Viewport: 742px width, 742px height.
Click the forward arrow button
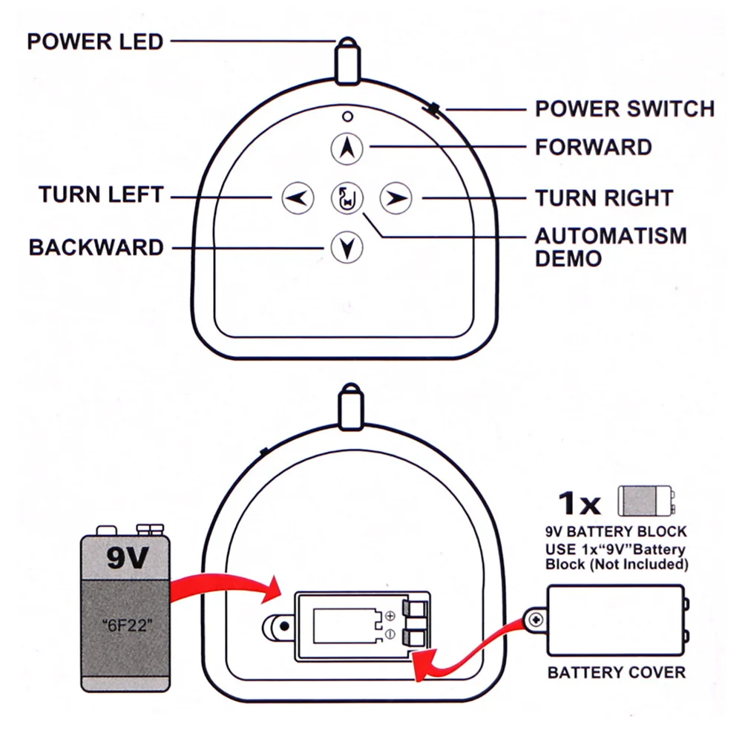[x=347, y=148]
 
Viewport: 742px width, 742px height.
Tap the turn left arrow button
[x=298, y=198]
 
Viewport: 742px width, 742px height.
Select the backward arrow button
[x=347, y=247]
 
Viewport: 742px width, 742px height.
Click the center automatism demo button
[x=347, y=198]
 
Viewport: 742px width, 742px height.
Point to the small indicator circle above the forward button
[x=347, y=116]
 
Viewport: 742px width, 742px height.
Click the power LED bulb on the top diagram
[x=348, y=61]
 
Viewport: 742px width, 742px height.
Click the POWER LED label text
[x=95, y=42]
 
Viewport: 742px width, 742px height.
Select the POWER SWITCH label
[x=625, y=109]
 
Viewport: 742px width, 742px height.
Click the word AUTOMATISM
[x=611, y=236]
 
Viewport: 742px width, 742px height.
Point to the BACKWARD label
[x=96, y=247]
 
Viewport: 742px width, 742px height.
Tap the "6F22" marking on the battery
[x=128, y=626]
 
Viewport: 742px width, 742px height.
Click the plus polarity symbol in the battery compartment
[x=390, y=616]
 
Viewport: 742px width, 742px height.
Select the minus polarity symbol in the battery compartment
[x=390, y=634]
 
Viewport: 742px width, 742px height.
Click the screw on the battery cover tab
[x=536, y=620]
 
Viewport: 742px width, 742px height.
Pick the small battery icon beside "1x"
[x=646, y=501]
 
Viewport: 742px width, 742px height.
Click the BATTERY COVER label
[x=617, y=672]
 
